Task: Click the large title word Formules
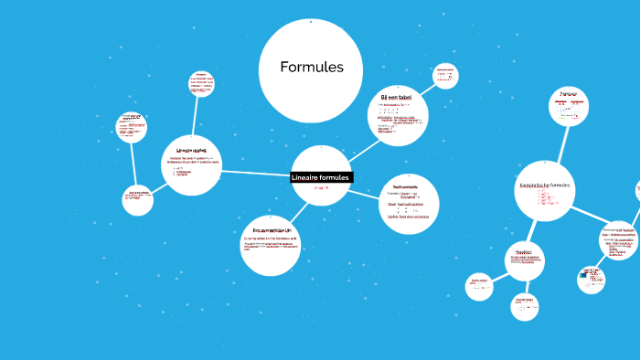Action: pyautogui.click(x=312, y=68)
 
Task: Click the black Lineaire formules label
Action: pyautogui.click(x=320, y=177)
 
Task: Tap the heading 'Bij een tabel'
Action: pyautogui.click(x=397, y=97)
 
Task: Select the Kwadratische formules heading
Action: pyautogui.click(x=545, y=185)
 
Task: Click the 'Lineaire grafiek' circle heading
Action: pyautogui.click(x=191, y=150)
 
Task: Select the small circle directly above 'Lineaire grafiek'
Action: pyautogui.click(x=202, y=84)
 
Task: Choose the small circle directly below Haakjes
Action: pyautogui.click(x=525, y=306)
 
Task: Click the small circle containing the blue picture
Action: pyautogui.click(x=592, y=278)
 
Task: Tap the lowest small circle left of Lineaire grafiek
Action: pyautogui.click(x=138, y=200)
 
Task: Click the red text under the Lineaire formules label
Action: pyautogui.click(x=320, y=187)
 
